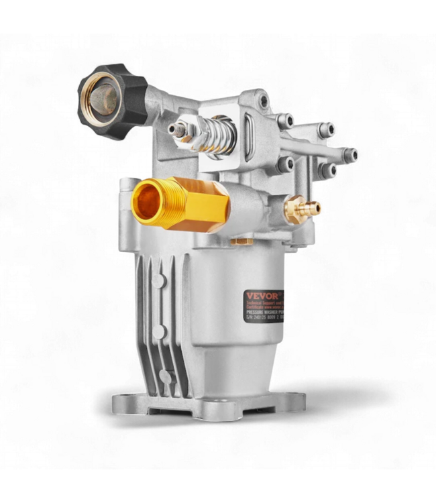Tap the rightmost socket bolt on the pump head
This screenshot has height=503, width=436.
(x=349, y=155)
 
